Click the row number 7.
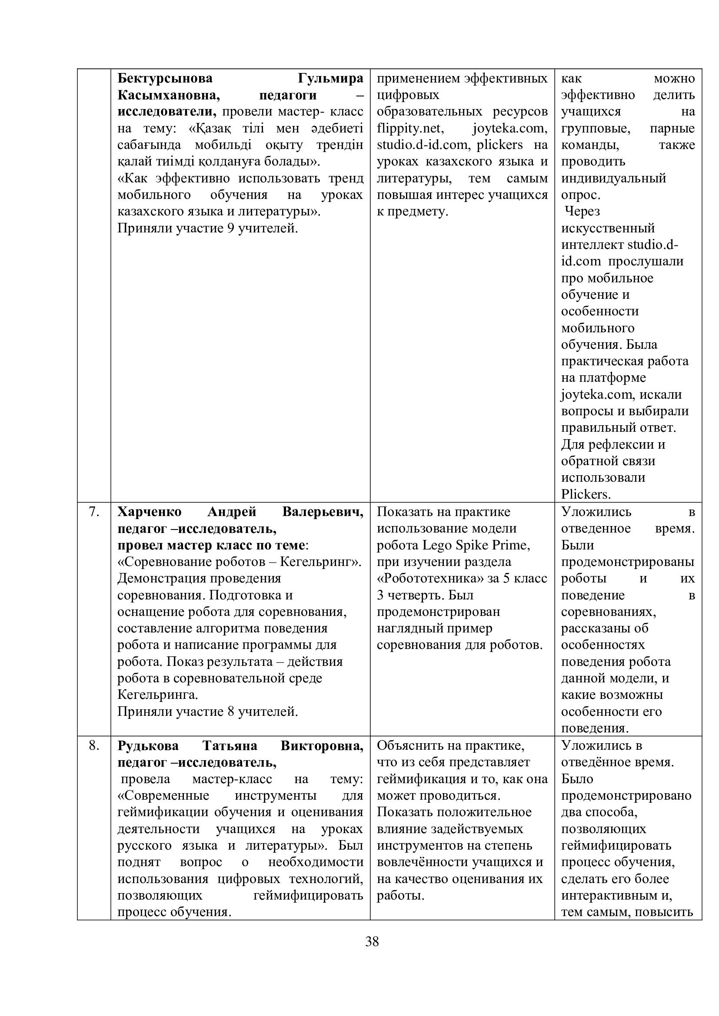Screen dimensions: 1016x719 [94, 512]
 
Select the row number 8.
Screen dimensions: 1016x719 [94, 746]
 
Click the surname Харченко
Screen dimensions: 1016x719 [149, 512]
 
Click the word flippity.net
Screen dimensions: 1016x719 [409, 128]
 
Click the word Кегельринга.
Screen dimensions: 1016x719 [157, 695]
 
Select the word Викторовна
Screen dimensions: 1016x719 [322, 746]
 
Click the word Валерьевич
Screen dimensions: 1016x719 [323, 512]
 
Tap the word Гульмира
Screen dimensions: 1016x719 [330, 78]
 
